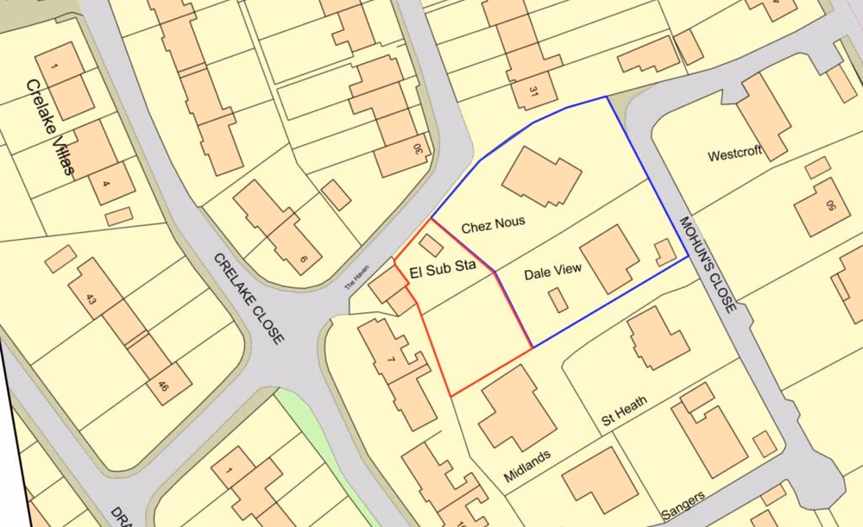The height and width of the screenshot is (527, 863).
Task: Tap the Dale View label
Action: [553, 271]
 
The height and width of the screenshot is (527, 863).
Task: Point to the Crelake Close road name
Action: [248, 298]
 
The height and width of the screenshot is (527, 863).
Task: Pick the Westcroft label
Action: [734, 156]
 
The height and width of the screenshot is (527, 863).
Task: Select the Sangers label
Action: [683, 502]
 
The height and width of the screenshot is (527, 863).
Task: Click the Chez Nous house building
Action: [542, 177]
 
